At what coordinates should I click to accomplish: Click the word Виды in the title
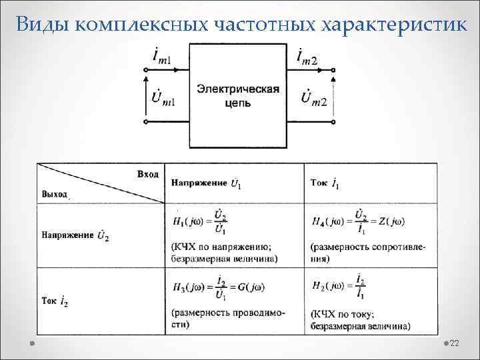(42, 25)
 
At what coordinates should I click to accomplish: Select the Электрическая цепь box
(237, 96)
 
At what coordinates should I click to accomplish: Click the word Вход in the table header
(147, 174)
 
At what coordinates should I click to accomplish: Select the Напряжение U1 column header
(206, 183)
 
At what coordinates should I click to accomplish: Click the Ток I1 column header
(325, 183)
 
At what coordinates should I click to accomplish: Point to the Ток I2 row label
(55, 302)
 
